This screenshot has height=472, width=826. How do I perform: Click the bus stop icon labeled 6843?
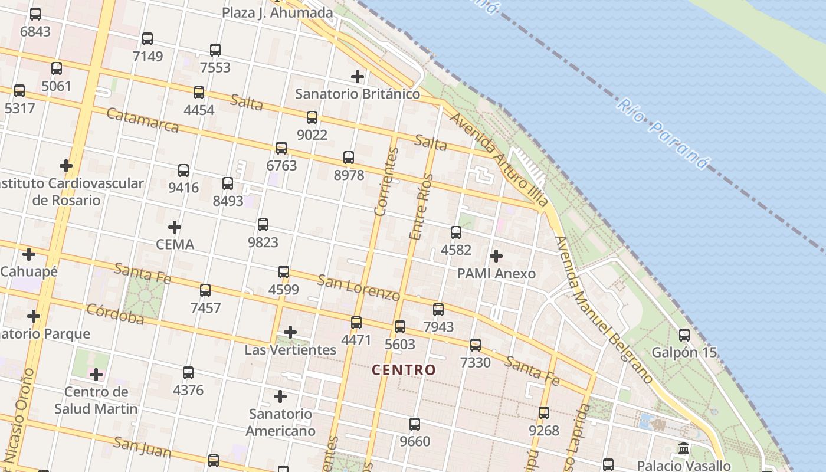tap(35, 14)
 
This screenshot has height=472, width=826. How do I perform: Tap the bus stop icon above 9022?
tap(312, 117)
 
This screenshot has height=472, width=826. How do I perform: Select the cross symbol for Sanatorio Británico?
tap(358, 76)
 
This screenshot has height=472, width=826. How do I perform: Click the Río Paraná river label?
tap(662, 134)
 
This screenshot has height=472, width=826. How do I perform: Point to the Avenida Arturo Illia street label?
tap(499, 159)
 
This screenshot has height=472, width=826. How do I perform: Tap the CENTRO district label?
tap(404, 371)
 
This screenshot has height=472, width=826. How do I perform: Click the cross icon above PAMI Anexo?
tap(496, 256)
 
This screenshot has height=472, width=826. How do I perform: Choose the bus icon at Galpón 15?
tap(684, 335)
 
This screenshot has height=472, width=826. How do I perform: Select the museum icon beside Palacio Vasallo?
tap(684, 448)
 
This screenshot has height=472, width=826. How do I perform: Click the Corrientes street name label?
tap(386, 181)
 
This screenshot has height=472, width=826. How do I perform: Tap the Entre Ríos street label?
tap(421, 206)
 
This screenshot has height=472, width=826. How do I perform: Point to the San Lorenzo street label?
tap(359, 287)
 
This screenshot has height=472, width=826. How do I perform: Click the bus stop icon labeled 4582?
tap(456, 232)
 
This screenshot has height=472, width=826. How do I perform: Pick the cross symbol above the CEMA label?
tap(175, 227)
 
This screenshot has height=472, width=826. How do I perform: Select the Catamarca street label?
tap(143, 120)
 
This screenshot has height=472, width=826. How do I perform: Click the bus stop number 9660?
tap(415, 441)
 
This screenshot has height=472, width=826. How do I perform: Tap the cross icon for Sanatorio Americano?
tap(280, 396)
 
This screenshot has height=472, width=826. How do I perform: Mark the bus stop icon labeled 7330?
tap(476, 345)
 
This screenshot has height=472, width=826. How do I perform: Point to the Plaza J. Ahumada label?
tap(277, 12)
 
